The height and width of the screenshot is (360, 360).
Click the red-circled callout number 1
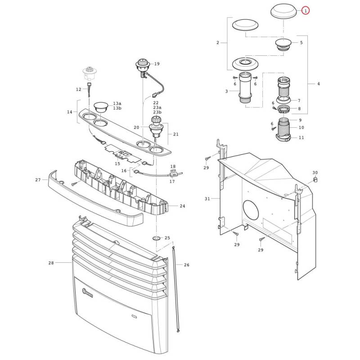click(306, 10)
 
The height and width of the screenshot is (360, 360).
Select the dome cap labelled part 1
click(283, 10)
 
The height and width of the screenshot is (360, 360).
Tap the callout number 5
click(301, 42)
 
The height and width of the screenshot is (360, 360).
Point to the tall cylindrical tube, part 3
click(246, 87)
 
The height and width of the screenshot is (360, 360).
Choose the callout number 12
click(78, 89)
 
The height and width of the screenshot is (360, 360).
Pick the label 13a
click(117, 103)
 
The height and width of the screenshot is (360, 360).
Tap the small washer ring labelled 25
click(156, 238)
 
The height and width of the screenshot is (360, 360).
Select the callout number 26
click(186, 265)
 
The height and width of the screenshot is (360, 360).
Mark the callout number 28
click(51, 263)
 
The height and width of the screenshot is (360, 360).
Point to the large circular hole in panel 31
click(251, 210)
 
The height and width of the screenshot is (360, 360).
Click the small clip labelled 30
click(315, 179)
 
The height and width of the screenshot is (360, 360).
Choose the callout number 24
click(182, 206)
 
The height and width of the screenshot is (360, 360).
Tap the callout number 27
click(38, 180)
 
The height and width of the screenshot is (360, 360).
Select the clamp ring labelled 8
click(284, 108)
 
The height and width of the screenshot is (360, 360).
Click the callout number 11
click(301, 138)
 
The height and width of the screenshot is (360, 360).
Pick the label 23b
click(157, 112)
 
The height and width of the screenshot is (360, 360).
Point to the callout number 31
click(207, 198)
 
